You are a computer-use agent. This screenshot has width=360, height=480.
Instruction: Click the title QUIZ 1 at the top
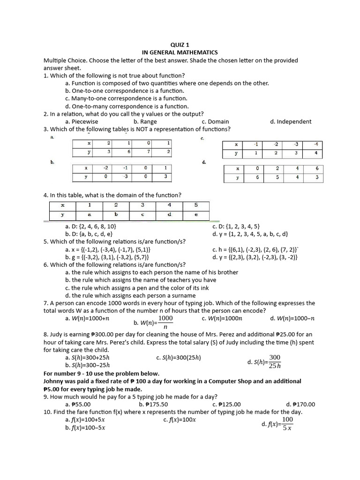point(180,45)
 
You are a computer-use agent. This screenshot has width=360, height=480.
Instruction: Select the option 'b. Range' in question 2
point(145,121)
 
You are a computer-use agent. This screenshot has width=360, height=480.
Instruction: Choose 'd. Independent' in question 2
point(290,121)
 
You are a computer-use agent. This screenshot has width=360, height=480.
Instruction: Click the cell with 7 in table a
point(148,151)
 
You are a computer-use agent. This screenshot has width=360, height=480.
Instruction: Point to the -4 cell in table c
point(316,145)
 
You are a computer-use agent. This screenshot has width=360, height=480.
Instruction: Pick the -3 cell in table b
point(125,177)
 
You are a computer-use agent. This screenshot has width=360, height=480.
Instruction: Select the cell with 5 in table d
point(277,177)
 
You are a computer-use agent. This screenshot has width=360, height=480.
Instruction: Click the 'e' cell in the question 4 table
point(196,215)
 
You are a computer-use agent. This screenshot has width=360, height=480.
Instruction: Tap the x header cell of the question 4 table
point(62,205)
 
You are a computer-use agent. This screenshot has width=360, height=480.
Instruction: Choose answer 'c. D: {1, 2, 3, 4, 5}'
point(236,226)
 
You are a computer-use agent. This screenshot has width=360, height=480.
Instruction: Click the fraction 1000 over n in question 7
point(165,322)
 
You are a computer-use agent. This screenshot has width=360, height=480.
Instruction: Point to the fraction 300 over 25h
point(275,361)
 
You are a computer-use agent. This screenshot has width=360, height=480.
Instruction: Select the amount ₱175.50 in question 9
point(153,404)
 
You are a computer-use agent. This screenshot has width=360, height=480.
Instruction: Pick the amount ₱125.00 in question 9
point(226,404)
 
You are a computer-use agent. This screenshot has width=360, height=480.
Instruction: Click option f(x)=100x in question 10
point(180,420)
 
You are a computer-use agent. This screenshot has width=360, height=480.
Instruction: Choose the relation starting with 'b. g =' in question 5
point(108,257)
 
